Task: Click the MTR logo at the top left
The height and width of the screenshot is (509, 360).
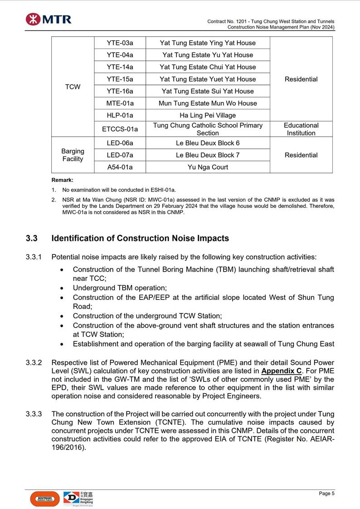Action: click(48, 19)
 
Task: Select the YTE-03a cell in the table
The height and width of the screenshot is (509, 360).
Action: click(120, 43)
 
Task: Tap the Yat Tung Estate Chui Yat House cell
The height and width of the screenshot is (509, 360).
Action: click(208, 67)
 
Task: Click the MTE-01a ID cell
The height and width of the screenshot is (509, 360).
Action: click(120, 103)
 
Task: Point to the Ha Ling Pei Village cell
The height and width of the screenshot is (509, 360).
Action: click(208, 115)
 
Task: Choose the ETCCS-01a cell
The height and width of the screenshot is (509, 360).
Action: click(120, 129)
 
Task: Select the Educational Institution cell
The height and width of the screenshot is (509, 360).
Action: click(301, 129)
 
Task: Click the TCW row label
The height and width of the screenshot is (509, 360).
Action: click(73, 87)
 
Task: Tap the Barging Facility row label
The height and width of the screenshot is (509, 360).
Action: click(73, 155)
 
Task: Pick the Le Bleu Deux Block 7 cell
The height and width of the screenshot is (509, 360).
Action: click(208, 155)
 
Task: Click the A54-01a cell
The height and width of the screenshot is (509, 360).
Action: click(120, 167)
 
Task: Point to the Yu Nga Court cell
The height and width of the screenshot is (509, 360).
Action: click(208, 167)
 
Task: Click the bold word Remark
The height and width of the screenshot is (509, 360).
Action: click(62, 180)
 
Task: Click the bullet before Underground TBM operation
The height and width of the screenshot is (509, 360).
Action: click(62, 288)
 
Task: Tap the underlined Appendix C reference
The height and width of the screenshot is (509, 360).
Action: click(281, 370)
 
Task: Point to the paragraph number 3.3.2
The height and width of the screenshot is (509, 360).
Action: click(34, 363)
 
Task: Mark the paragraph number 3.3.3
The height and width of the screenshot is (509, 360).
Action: click(34, 414)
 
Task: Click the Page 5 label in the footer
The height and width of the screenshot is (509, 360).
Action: click(326, 494)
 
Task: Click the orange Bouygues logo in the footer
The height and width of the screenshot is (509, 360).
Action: click(44, 499)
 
